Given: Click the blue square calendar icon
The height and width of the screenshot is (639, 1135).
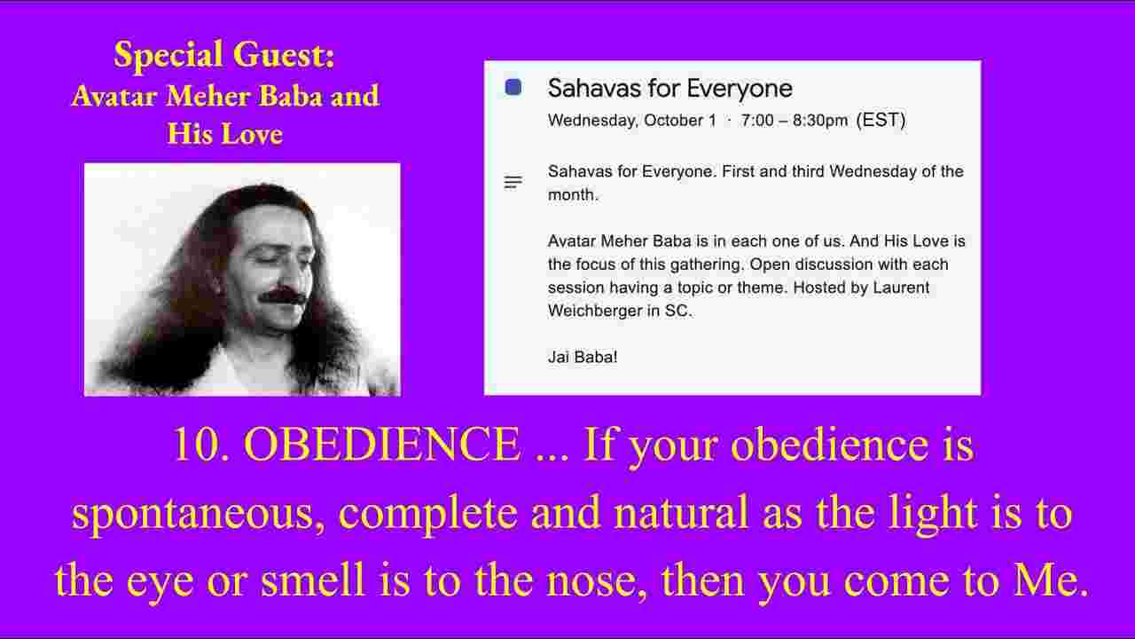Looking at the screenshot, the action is click(513, 87).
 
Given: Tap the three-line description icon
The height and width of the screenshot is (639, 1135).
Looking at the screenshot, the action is click(513, 182).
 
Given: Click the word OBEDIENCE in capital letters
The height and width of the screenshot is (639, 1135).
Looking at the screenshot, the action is click(382, 445).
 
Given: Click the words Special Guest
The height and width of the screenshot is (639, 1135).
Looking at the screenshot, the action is click(224, 55).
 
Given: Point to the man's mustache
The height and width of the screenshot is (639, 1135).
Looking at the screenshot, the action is click(282, 296).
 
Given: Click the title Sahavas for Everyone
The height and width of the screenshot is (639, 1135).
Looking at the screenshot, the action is click(669, 89).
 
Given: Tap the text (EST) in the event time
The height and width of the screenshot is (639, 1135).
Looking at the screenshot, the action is click(881, 120).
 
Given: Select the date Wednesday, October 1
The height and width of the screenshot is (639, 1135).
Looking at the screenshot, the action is click(632, 121).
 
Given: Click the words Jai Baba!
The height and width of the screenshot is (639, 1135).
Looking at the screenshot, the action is click(583, 357).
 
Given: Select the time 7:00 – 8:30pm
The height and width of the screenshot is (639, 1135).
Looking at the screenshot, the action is click(794, 121).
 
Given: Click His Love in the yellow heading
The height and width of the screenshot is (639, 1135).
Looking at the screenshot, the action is click(224, 134).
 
